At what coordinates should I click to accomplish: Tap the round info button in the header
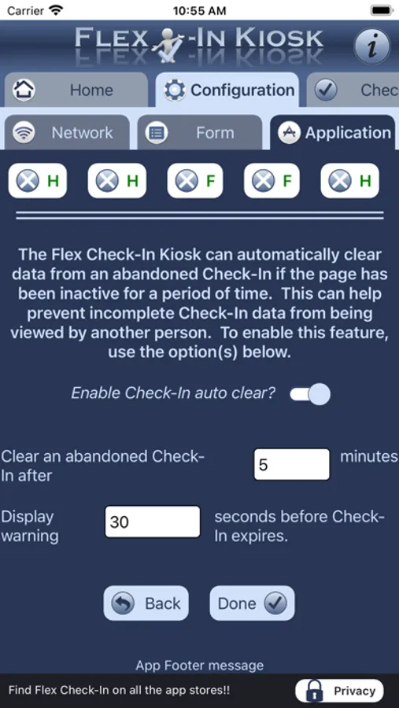[371, 46]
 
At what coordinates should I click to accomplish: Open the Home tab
[76, 90]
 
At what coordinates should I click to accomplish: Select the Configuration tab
[227, 90]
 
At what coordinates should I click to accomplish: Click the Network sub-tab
[67, 133]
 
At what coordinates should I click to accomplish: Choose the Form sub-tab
[200, 133]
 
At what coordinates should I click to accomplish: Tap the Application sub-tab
[333, 133]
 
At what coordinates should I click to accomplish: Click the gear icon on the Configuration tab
[175, 90]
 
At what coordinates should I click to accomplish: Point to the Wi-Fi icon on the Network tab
[24, 133]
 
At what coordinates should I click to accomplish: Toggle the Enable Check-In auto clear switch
[310, 394]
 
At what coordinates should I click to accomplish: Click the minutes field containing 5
[291, 464]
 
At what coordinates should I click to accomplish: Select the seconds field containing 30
[153, 522]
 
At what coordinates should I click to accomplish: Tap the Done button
[252, 603]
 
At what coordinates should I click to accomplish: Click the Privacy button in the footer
[339, 691]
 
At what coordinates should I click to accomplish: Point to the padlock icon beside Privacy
[315, 691]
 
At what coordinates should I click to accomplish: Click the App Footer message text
[200, 665]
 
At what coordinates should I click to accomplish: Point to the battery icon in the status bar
[382, 10]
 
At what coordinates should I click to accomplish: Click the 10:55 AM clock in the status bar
[200, 10]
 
